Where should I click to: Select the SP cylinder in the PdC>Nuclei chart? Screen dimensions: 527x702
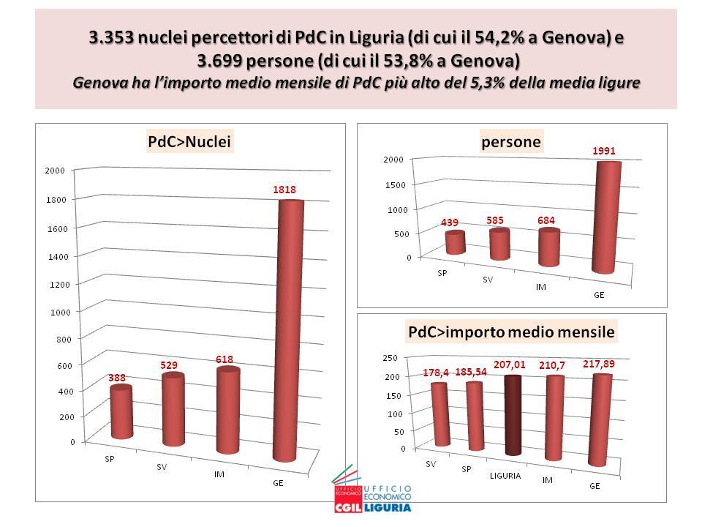(121, 412)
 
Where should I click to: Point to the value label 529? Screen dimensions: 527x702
(170, 365)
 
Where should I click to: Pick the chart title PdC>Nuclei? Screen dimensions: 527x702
(190, 143)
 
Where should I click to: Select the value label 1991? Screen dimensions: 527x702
(605, 151)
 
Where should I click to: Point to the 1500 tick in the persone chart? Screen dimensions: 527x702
(393, 185)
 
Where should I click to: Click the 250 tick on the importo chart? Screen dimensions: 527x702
(390, 357)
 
